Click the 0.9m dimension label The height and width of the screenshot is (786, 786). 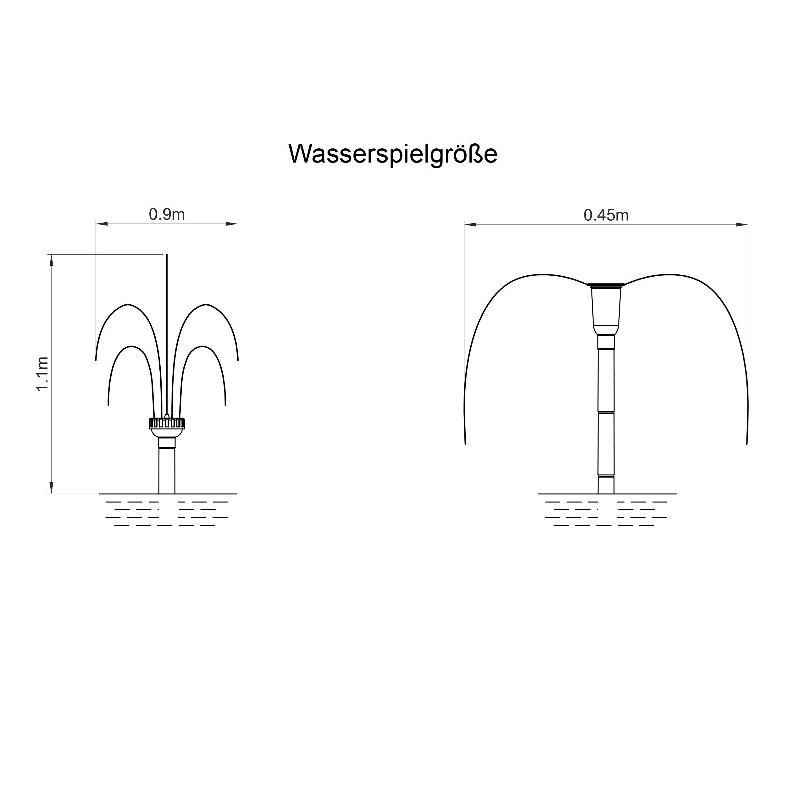tap(167, 214)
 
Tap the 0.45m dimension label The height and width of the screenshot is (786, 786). tap(606, 215)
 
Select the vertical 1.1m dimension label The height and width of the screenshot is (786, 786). tap(43, 374)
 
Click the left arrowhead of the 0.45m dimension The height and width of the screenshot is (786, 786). tap(470, 224)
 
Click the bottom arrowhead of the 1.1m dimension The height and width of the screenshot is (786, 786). tap(52, 488)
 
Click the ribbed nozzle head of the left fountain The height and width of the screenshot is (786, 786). tap(167, 423)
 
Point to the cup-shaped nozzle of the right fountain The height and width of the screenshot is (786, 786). tap(606, 309)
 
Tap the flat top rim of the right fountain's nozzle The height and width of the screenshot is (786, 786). tap(606, 285)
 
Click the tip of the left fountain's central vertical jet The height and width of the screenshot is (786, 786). tap(167, 255)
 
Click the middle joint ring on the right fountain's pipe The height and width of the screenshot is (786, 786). tap(606, 412)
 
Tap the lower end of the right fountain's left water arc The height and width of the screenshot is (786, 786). tap(465, 443)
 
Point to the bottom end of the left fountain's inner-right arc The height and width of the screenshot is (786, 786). tap(225, 405)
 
